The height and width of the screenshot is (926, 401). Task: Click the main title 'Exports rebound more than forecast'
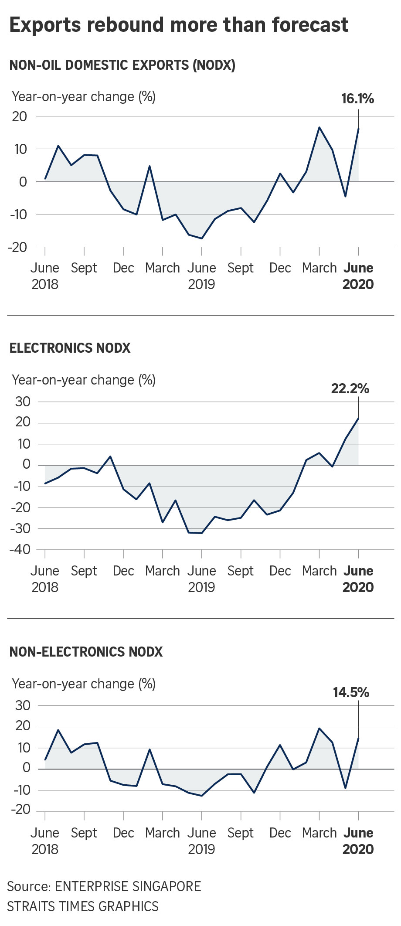[x=179, y=25]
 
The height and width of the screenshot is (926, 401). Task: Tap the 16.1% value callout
[x=357, y=99]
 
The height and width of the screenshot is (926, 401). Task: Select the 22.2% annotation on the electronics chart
[x=350, y=388]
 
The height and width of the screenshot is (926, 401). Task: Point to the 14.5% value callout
[x=351, y=692]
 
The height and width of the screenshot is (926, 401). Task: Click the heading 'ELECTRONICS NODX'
[x=70, y=348]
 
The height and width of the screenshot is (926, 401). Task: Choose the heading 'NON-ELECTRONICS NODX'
[x=86, y=652]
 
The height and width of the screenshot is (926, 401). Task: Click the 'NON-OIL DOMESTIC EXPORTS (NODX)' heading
[x=122, y=65]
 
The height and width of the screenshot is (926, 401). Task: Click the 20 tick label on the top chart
[x=20, y=116]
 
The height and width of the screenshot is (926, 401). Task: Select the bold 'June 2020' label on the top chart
[x=358, y=276]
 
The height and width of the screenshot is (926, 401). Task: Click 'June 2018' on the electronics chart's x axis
[x=45, y=579]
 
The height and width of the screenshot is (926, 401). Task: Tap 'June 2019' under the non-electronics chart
[x=202, y=841]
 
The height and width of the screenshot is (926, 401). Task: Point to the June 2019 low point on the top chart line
[x=202, y=238]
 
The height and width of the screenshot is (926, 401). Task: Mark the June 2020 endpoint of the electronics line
[x=358, y=419]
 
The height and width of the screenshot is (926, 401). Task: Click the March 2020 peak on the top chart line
[x=319, y=127]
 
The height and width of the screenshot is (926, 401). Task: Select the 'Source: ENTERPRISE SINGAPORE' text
[x=104, y=886]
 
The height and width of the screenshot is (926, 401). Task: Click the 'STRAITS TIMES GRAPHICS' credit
[x=83, y=907]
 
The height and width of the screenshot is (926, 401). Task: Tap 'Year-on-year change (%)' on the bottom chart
[x=84, y=684]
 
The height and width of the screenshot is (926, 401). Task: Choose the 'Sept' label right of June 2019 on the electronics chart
[x=241, y=572]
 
